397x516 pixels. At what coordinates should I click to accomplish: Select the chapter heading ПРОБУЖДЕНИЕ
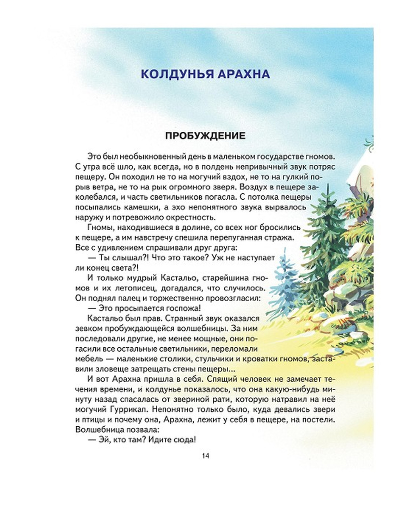(x=205, y=136)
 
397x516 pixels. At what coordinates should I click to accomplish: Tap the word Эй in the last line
(x=104, y=440)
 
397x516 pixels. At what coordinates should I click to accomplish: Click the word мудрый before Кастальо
(x=141, y=277)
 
